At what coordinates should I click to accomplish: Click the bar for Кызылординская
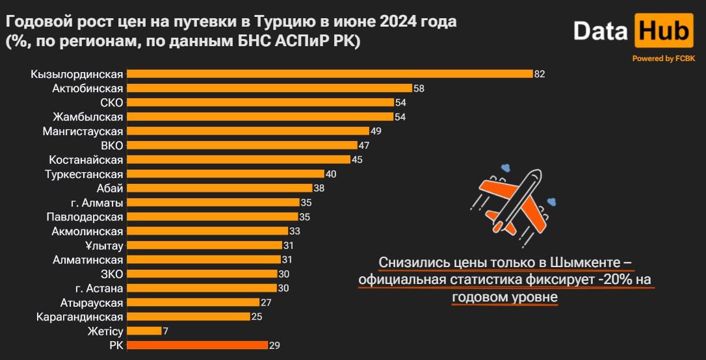click(x=330, y=74)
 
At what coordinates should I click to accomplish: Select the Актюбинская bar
click(x=269, y=88)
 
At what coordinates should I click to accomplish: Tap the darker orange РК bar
click(x=197, y=345)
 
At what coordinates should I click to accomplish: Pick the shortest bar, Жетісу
click(x=144, y=331)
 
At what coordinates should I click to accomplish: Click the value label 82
click(x=540, y=74)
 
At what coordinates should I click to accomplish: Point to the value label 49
click(x=376, y=131)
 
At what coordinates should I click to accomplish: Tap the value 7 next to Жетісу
click(x=165, y=331)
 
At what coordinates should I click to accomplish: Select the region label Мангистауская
click(x=83, y=131)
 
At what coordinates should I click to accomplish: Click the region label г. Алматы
click(x=97, y=203)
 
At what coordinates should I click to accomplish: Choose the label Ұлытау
click(x=104, y=246)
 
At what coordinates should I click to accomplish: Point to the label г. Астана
click(x=99, y=288)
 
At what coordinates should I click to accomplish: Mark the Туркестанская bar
click(x=225, y=174)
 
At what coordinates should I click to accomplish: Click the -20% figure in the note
click(x=615, y=280)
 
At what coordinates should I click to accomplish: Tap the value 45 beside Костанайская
click(x=357, y=160)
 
